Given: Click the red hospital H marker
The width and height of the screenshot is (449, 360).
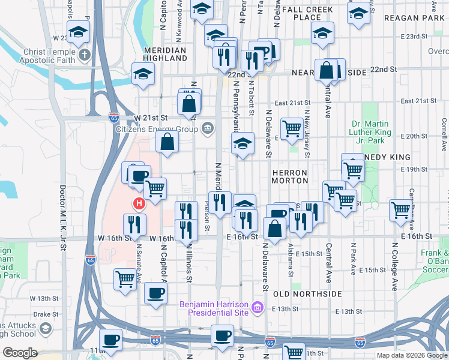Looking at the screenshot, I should point(139,204).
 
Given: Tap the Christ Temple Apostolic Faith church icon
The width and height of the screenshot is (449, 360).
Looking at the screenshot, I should point(85,55).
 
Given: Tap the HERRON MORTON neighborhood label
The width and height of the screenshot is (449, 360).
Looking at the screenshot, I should point(290,176).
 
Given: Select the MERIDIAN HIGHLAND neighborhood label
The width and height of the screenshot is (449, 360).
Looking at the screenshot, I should point(166,55).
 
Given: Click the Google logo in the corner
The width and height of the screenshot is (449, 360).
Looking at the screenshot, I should point(20,353).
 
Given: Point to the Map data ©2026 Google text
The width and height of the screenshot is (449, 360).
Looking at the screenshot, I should point(412,355).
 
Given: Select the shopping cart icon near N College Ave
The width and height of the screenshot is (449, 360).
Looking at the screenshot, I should point(400,209).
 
